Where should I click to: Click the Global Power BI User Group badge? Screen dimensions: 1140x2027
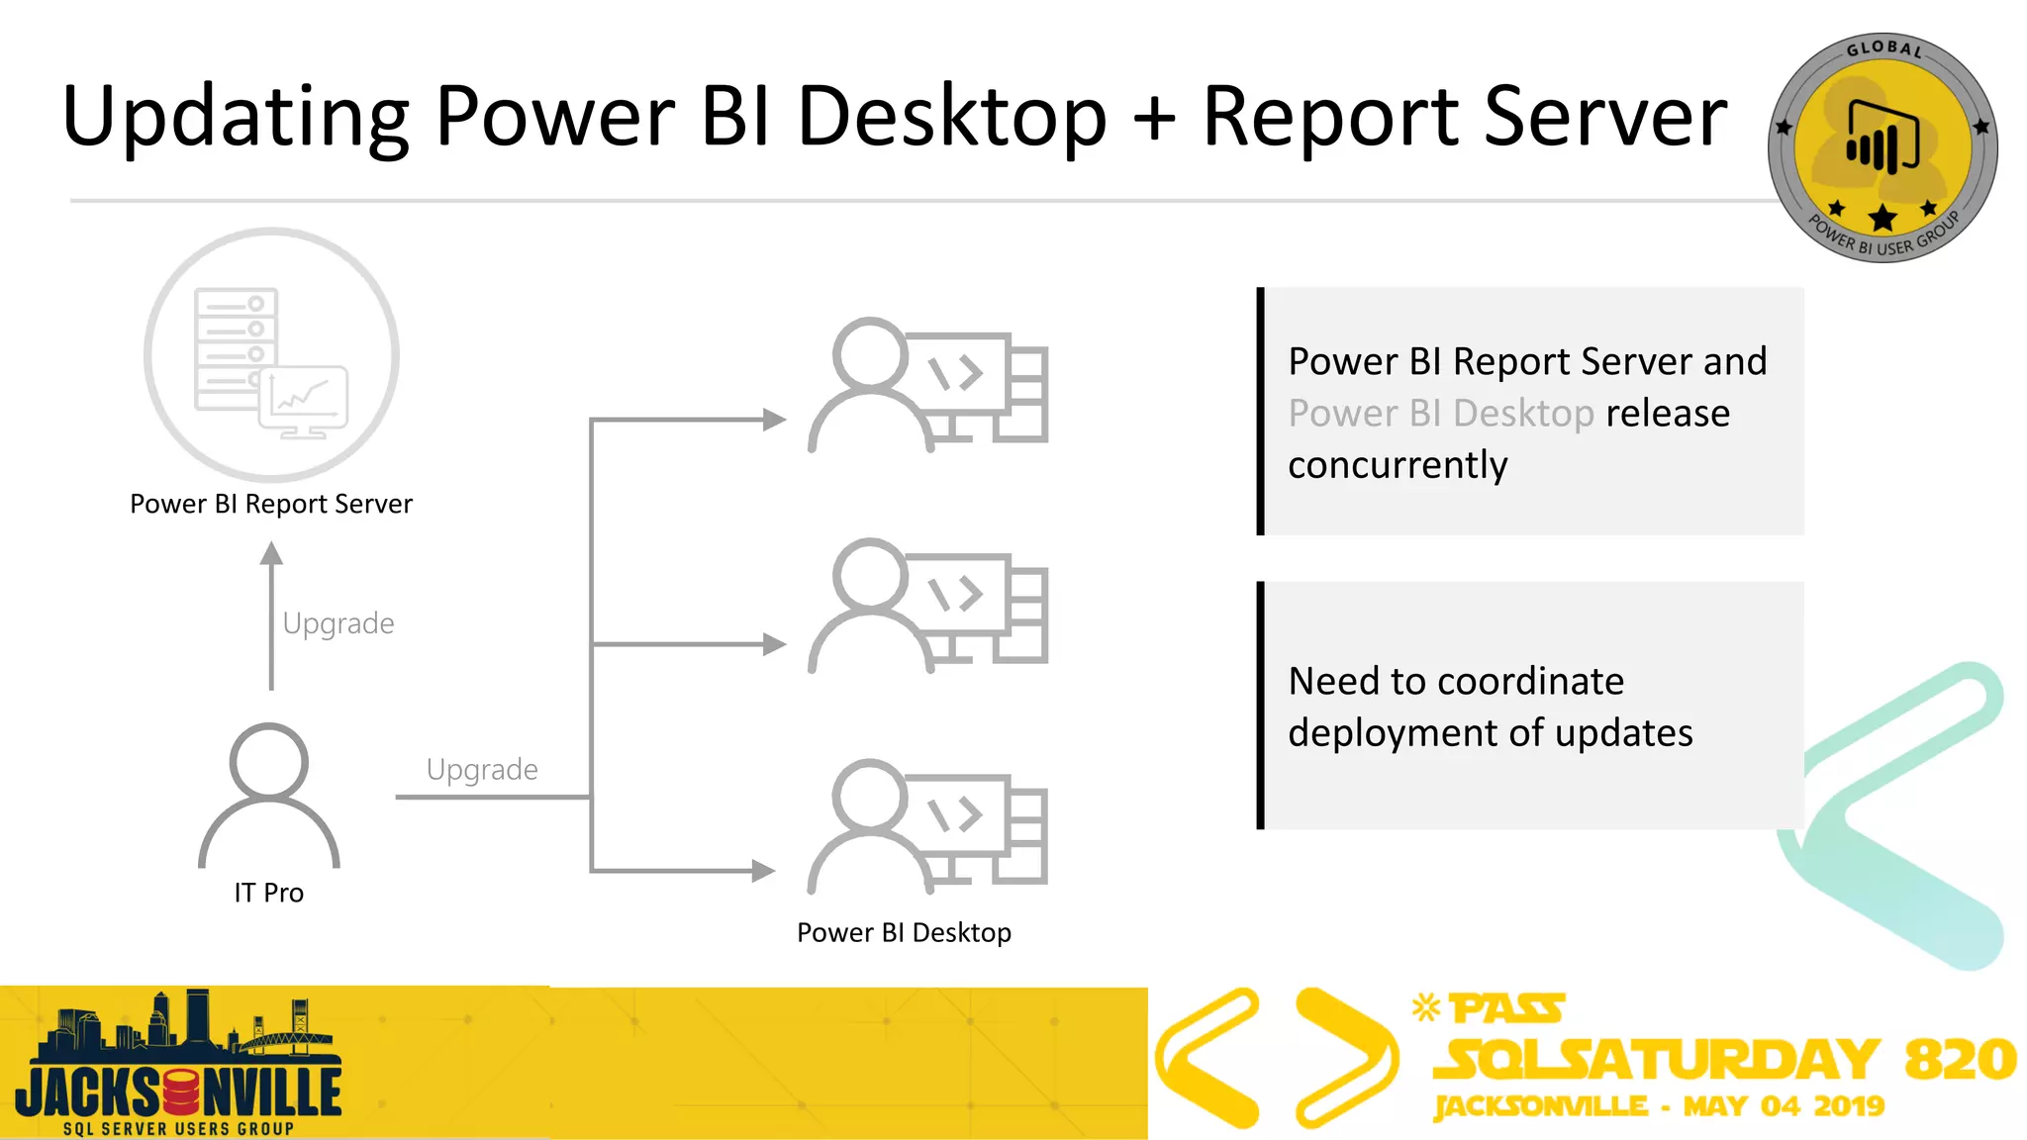point(1882,148)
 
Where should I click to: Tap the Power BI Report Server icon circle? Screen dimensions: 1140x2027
point(271,354)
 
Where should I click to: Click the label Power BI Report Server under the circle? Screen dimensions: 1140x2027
point(271,504)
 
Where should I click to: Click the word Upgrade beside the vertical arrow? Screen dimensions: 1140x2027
point(338,623)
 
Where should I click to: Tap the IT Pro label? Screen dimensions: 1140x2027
point(269,893)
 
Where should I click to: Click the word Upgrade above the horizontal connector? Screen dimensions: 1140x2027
point(482,769)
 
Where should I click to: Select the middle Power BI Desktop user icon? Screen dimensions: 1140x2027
point(927,606)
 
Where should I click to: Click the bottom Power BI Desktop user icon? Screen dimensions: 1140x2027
point(927,826)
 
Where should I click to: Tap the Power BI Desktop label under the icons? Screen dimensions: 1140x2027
point(904,932)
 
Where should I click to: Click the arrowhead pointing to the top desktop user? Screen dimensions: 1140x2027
point(774,420)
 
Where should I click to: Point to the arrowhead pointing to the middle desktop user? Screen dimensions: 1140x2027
point(774,645)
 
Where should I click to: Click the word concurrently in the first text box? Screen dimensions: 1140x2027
point(1398,464)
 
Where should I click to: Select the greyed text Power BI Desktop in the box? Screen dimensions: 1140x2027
point(1441,413)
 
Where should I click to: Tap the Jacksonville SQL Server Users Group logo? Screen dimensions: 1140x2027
point(178,1064)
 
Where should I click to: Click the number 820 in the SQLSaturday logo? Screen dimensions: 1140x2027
point(1960,1059)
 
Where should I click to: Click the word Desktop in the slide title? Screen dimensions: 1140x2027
point(951,117)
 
